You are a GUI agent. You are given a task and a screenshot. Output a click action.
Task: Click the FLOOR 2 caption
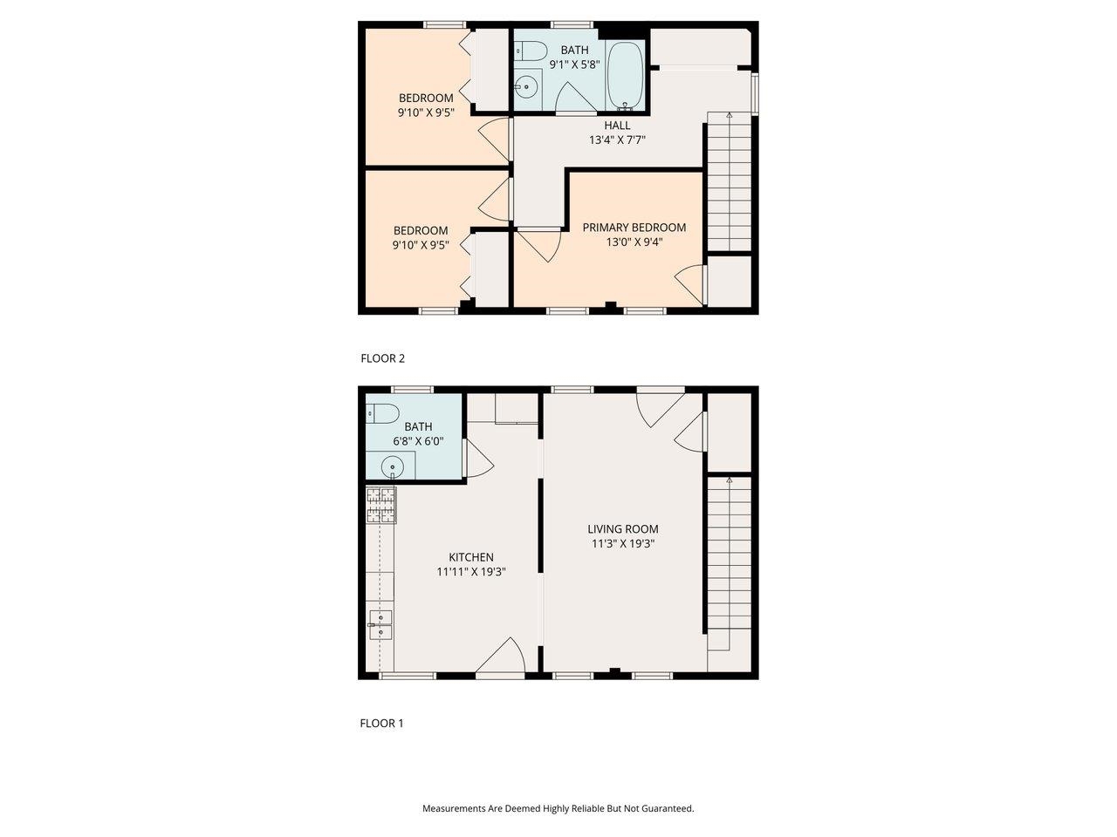click(382, 357)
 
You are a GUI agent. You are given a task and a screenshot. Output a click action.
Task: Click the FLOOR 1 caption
click(381, 723)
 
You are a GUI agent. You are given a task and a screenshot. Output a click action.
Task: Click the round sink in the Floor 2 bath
click(525, 87)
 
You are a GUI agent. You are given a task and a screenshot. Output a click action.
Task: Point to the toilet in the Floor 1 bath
click(384, 413)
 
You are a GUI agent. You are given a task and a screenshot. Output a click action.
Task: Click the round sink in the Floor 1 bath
click(394, 466)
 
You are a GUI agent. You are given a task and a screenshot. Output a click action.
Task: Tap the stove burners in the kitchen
click(380, 505)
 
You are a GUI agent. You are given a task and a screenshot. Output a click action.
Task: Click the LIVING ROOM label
click(622, 528)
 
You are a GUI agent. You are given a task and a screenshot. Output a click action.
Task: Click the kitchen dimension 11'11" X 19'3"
click(471, 572)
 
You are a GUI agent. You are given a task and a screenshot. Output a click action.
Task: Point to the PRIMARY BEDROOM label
click(634, 227)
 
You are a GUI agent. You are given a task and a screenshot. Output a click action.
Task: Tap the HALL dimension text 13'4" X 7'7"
click(617, 139)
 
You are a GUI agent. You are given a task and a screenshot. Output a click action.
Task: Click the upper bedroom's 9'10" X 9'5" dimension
click(426, 112)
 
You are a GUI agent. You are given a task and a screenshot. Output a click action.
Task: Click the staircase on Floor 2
click(729, 183)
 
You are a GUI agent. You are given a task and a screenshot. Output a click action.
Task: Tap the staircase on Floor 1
click(729, 558)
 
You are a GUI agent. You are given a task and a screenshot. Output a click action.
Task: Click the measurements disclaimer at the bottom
click(558, 808)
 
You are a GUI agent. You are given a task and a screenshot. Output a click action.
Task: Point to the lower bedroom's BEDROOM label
click(421, 230)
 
